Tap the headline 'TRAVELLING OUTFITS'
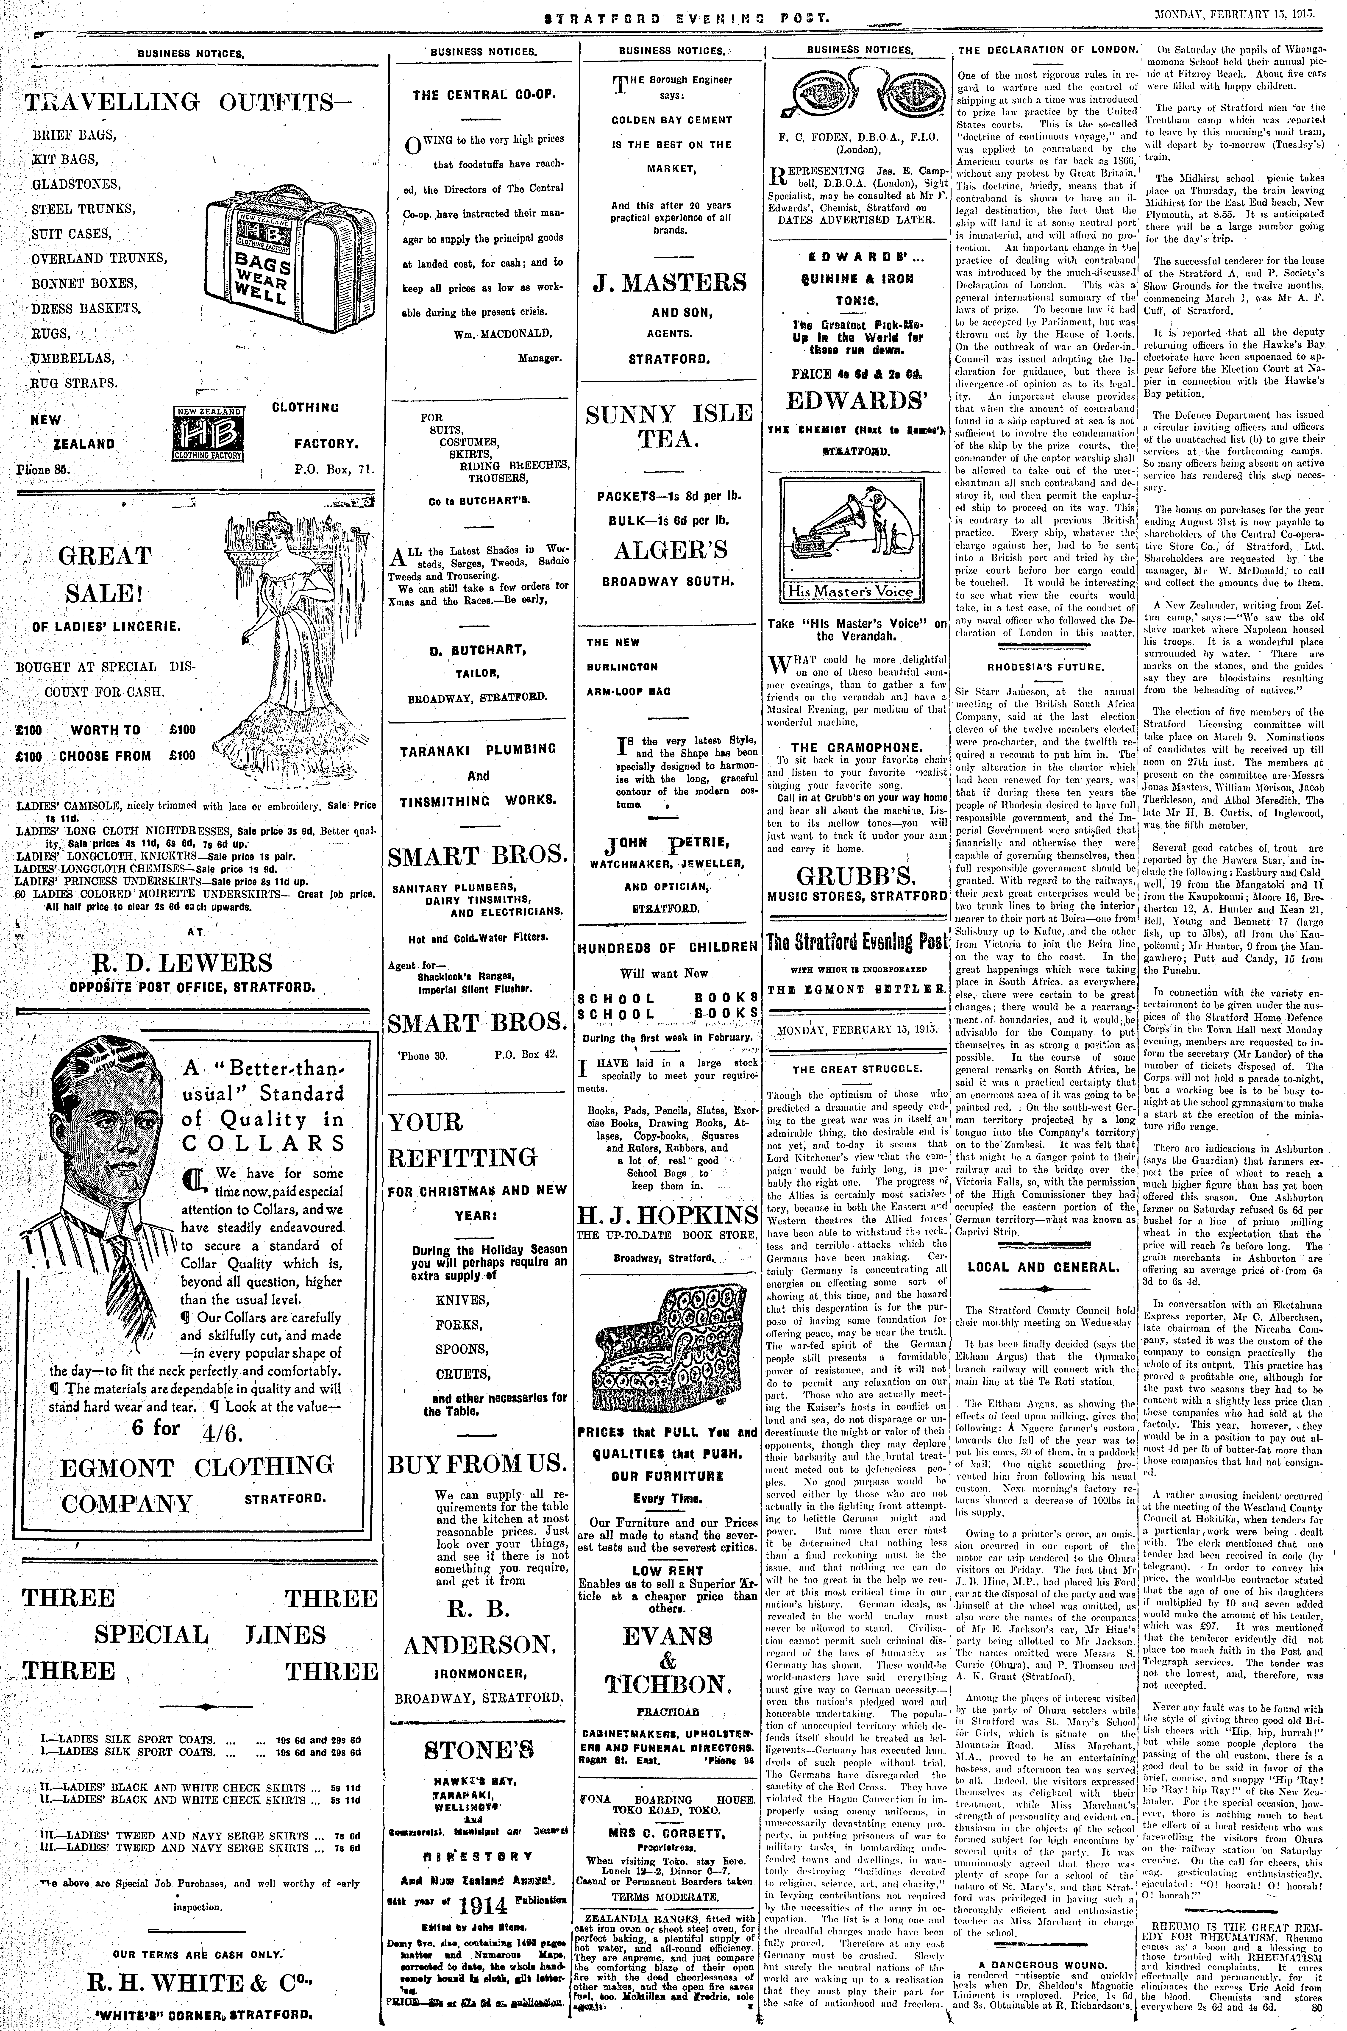(x=176, y=103)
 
